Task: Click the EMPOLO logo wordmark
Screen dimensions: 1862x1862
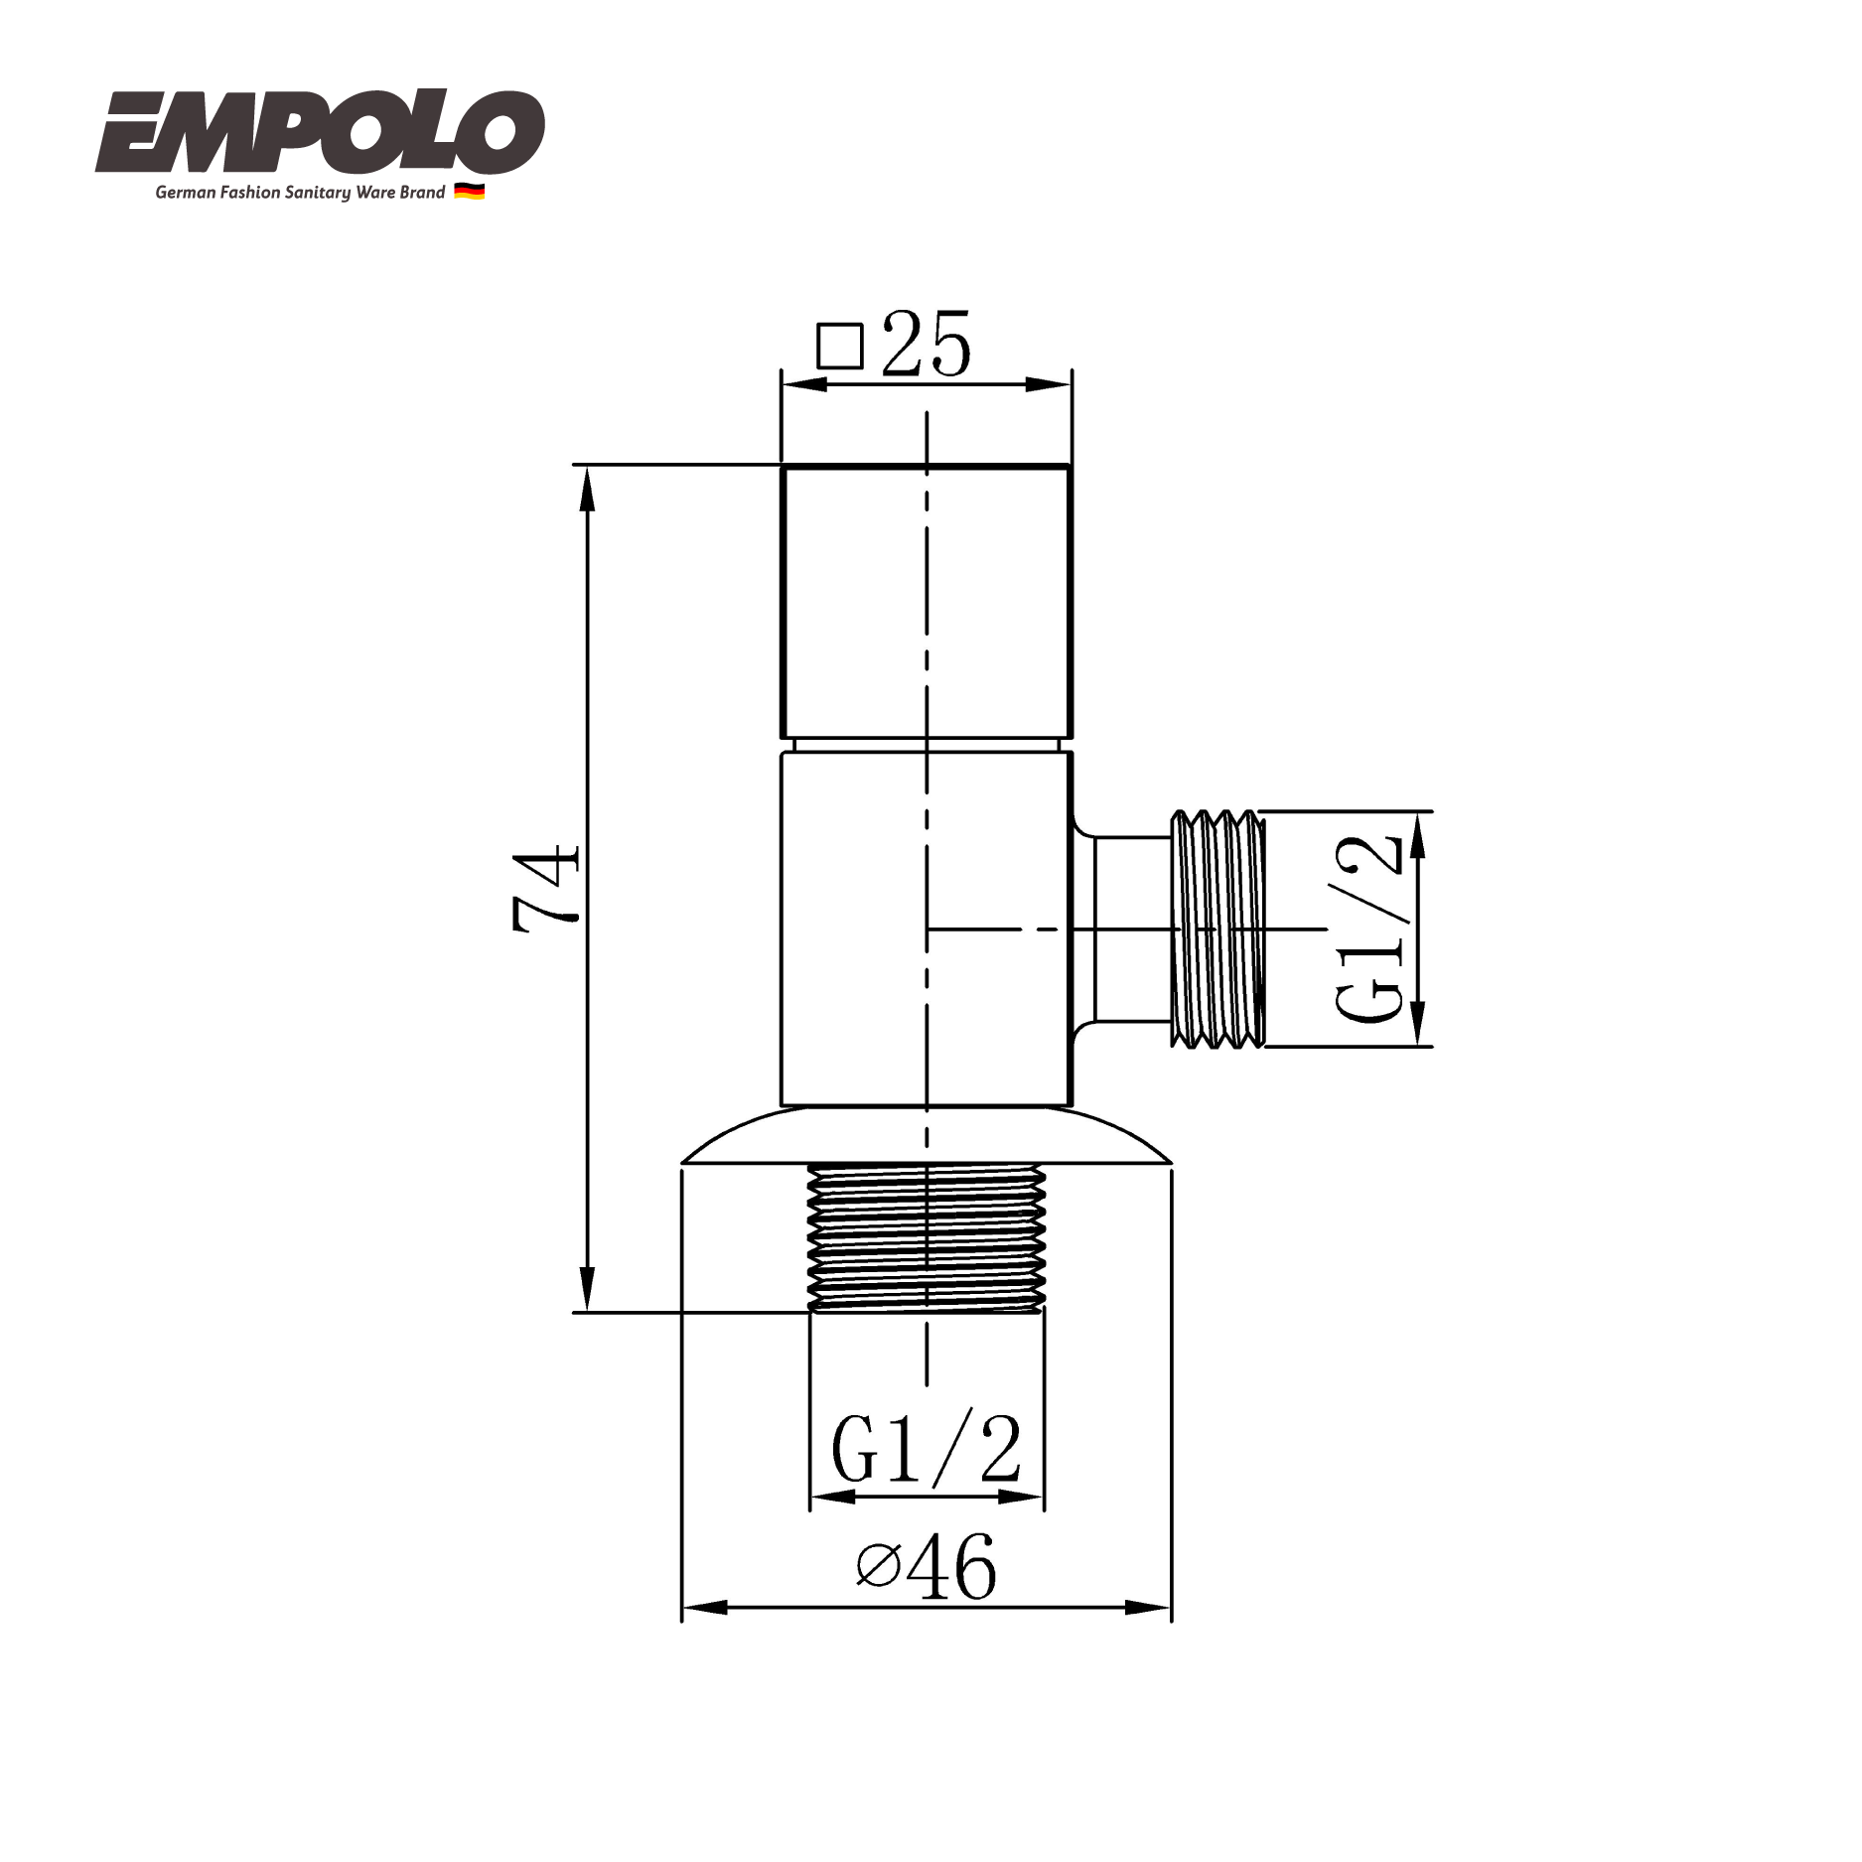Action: (320, 132)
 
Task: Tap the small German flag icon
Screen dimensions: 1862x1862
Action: (469, 192)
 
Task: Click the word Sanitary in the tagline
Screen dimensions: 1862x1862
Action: (317, 193)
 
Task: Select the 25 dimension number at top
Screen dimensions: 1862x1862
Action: (926, 345)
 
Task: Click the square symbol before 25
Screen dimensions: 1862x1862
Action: (839, 347)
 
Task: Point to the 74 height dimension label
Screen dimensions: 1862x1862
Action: (545, 887)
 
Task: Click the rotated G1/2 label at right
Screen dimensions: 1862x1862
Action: (1370, 929)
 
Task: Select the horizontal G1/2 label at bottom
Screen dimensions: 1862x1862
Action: (926, 1450)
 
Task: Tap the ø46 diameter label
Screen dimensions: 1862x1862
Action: (926, 1567)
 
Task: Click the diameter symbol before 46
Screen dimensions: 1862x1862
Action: (878, 1567)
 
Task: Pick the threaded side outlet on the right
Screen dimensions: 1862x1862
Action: (1217, 929)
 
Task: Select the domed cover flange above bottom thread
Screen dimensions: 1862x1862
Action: (926, 1137)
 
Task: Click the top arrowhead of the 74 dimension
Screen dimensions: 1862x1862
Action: (587, 487)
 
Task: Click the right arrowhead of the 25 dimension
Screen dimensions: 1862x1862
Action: (1050, 384)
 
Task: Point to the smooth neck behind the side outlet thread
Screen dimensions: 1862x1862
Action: (1132, 929)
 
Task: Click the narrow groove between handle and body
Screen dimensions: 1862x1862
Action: (926, 745)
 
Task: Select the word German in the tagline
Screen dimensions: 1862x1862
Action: (185, 193)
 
